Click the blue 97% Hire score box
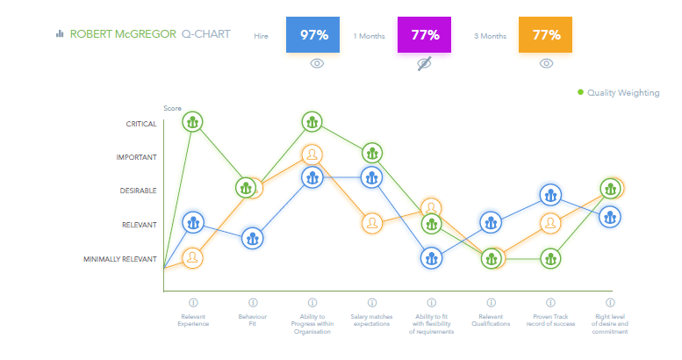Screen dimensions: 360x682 tap(313, 35)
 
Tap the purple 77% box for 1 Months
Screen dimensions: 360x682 tap(424, 35)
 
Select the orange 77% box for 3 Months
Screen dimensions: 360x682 tap(546, 35)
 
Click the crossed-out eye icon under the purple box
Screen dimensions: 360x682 tap(424, 63)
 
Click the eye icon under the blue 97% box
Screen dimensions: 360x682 tap(318, 63)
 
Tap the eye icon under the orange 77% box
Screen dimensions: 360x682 tap(546, 63)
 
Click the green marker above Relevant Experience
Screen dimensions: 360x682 tap(193, 122)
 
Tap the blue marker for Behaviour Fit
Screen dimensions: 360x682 tap(253, 237)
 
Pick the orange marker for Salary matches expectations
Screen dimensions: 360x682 tap(372, 223)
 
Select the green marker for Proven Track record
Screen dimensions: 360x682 tap(549, 258)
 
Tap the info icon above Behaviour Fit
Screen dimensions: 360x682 tap(253, 302)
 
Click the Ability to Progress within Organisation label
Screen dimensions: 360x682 tap(312, 323)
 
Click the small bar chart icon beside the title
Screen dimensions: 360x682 tap(60, 34)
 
